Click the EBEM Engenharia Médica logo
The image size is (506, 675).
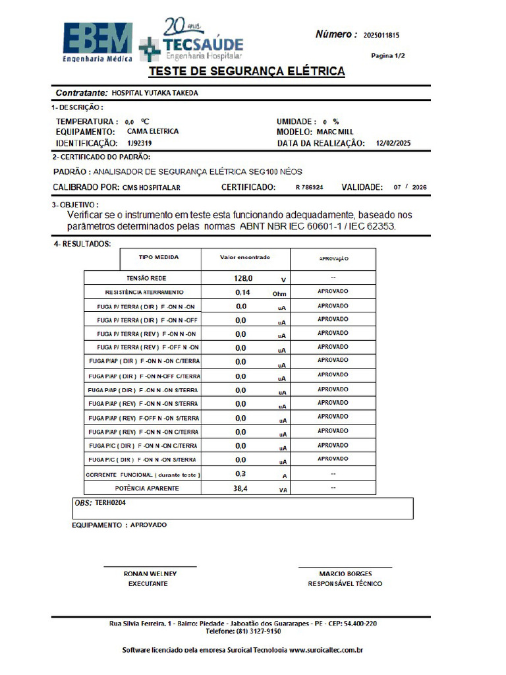pos(98,42)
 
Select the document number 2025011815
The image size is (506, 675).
pos(381,36)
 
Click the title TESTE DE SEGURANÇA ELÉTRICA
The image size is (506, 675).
pos(246,71)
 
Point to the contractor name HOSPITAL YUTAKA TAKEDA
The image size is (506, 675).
pos(155,93)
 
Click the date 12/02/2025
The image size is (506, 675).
pos(393,143)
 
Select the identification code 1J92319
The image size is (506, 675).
pos(140,143)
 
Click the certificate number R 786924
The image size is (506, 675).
pos(309,188)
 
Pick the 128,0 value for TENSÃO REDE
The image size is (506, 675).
pos(244,279)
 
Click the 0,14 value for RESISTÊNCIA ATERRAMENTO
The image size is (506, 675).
pos(242,292)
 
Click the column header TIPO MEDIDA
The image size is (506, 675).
pos(158,257)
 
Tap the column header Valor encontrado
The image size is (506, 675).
pos(244,257)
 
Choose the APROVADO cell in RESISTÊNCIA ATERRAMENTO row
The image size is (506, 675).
pos(333,291)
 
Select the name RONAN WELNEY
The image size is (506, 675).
pos(150,574)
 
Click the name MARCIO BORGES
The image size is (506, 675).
pos(345,574)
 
